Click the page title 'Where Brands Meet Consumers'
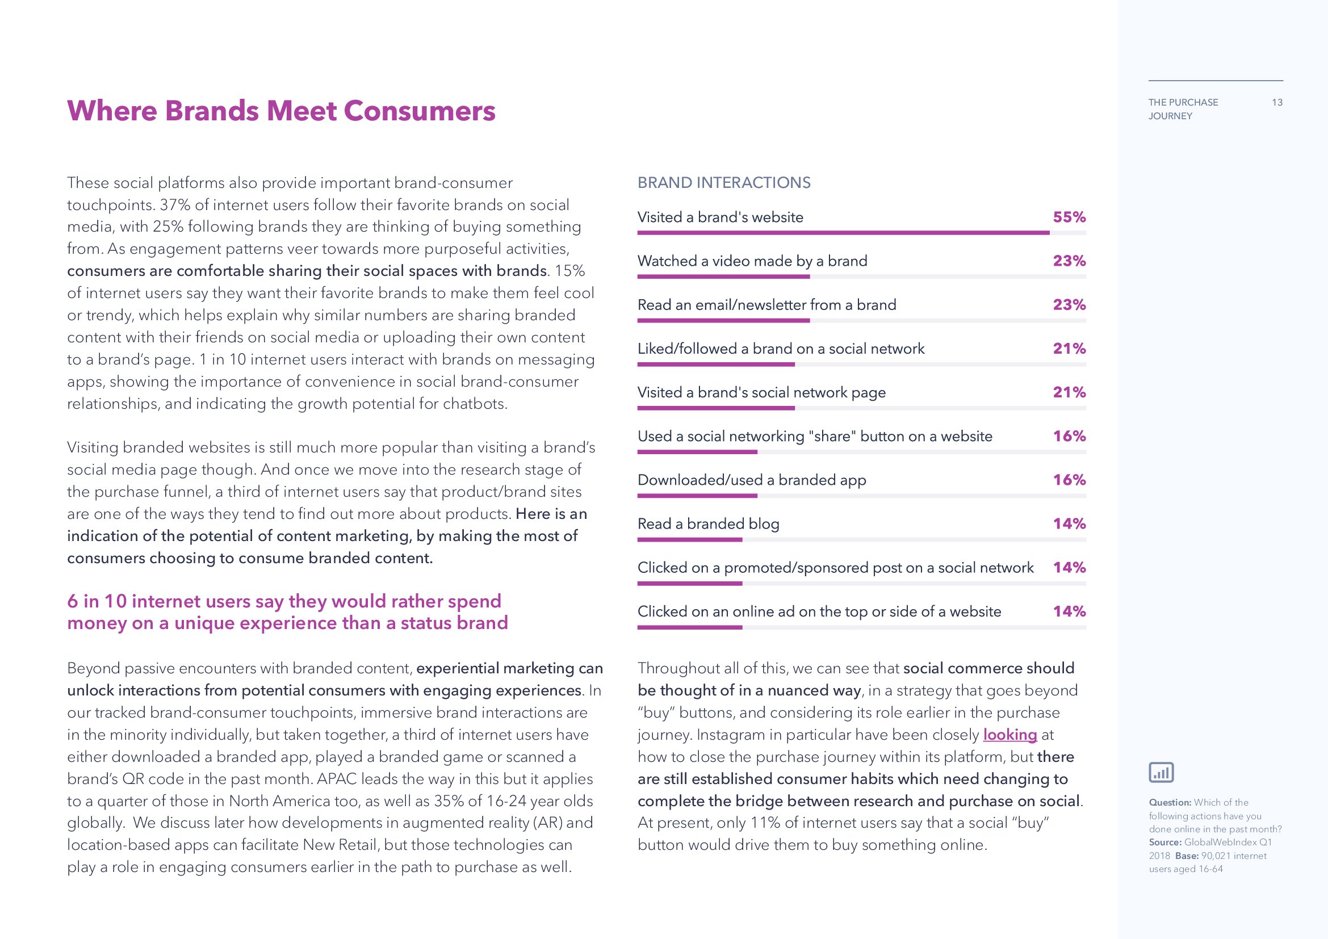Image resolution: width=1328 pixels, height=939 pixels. click(281, 111)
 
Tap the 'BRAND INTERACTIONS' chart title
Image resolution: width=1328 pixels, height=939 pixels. click(723, 183)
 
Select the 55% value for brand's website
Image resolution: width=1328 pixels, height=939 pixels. click(1069, 217)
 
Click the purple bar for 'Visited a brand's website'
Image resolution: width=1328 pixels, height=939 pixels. click(843, 233)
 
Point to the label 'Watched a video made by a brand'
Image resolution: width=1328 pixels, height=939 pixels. click(752, 261)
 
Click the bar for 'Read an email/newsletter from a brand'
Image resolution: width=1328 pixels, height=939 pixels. click(723, 320)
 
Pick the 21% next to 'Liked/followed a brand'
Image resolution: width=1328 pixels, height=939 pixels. click(1069, 349)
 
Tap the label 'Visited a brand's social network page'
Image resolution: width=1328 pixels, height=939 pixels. click(761, 393)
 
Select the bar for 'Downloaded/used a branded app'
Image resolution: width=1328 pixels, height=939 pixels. click(697, 496)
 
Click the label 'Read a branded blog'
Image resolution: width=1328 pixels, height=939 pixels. click(708, 524)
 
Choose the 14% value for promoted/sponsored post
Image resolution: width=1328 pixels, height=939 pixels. click(1069, 568)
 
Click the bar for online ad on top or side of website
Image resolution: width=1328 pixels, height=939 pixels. click(689, 627)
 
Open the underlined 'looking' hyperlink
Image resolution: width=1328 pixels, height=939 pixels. click(1009, 735)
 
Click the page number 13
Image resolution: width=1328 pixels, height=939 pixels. click(1277, 103)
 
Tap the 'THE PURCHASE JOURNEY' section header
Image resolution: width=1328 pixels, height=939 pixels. click(1182, 109)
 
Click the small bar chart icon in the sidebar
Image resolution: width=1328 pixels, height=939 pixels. click(1161, 773)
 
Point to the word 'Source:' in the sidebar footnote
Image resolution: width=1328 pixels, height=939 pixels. click(1165, 842)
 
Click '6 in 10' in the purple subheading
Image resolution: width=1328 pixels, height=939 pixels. click(97, 602)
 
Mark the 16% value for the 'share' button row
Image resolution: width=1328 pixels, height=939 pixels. click(1069, 437)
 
